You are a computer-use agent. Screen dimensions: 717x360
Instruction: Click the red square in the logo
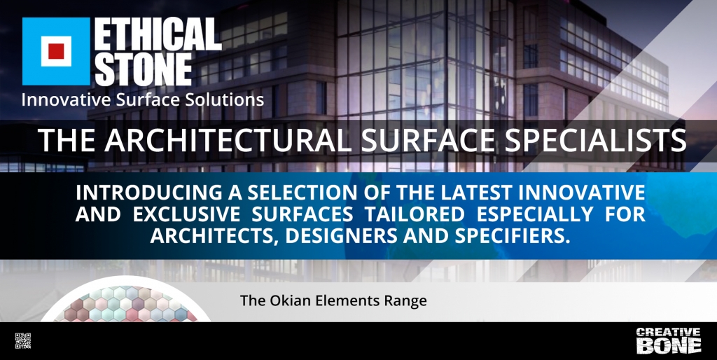coord(56,51)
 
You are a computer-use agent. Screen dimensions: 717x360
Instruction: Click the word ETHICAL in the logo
coord(158,34)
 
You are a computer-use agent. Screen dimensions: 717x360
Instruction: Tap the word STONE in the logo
coord(143,69)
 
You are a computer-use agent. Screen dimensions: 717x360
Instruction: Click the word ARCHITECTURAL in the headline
coord(228,141)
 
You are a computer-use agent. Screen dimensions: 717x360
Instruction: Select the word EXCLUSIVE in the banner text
coord(186,214)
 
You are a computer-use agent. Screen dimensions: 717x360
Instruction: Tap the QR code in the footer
coord(23,341)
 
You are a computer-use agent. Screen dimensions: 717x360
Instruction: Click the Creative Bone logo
coord(668,340)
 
